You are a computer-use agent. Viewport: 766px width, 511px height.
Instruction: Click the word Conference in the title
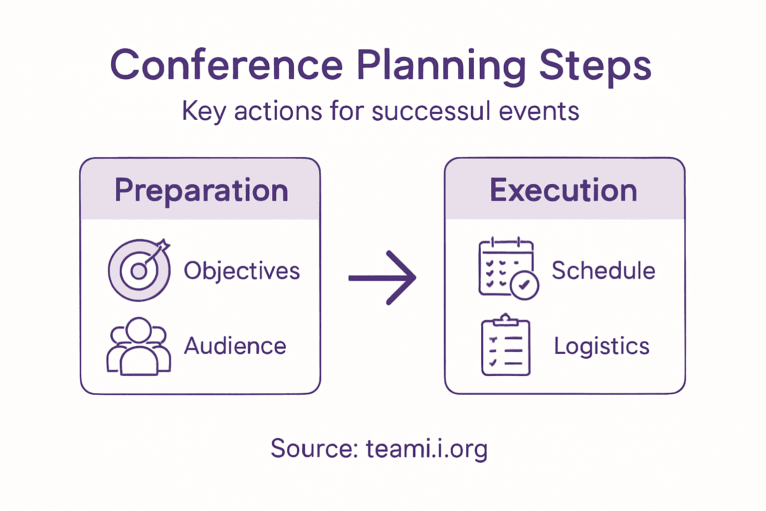pos(227,65)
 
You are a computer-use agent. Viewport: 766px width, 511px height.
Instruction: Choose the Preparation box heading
pos(201,190)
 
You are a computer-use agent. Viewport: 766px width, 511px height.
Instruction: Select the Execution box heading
pos(564,190)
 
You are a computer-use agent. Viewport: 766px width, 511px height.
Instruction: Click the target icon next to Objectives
pos(139,270)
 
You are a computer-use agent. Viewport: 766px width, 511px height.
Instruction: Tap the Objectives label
pos(242,271)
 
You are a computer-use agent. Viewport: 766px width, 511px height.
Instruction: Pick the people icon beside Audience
pos(139,346)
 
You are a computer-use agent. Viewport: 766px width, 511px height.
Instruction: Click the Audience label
pos(235,346)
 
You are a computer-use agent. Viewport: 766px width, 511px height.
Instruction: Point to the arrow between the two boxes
pos(383,277)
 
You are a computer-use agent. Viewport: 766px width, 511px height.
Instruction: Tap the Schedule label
pos(603,270)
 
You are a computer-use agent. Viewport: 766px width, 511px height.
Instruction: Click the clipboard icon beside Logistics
pos(506,345)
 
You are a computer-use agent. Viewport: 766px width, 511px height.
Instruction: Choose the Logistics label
pos(601,346)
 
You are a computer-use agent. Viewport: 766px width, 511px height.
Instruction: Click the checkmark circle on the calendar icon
pos(524,285)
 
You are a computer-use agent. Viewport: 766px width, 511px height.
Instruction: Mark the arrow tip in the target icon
pos(163,247)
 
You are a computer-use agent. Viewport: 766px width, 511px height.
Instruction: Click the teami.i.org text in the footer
pos(427,449)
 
